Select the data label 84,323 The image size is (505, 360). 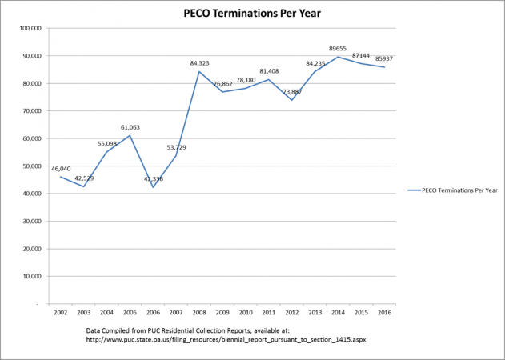click(200, 63)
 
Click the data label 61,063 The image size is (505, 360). click(130, 127)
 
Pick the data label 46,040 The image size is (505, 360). click(61, 169)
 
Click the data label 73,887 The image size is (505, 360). click(292, 92)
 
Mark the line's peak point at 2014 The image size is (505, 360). click(339, 57)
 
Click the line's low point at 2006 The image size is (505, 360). click(153, 187)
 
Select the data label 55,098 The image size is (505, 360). click(107, 144)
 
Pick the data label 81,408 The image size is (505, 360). click(269, 71)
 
